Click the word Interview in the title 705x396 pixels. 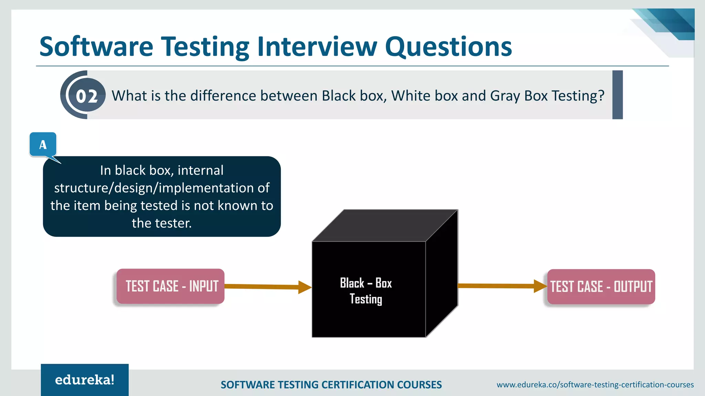click(317, 47)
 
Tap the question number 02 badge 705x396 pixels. click(87, 96)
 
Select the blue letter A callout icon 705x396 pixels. click(43, 145)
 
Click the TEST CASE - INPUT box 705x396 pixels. click(171, 286)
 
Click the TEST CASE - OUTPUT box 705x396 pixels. click(601, 287)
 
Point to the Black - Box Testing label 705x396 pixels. click(366, 291)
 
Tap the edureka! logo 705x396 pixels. click(85, 380)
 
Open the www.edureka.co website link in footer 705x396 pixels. click(595, 385)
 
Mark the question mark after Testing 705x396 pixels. click(601, 96)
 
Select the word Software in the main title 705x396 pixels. click(96, 47)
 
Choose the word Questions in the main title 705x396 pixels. click(448, 47)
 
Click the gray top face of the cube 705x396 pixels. click(385, 225)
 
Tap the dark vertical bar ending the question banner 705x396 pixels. click(617, 95)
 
